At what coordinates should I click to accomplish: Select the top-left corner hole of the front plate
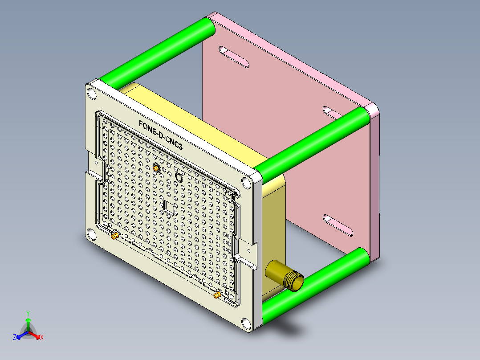(92, 94)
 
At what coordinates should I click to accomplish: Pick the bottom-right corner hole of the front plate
(246, 322)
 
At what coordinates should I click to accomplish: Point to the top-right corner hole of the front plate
(246, 182)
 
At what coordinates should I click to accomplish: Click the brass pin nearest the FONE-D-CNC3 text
(156, 168)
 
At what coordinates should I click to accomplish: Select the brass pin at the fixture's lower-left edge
(115, 235)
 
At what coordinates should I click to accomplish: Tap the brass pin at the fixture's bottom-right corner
(217, 295)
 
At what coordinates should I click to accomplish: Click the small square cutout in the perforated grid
(170, 207)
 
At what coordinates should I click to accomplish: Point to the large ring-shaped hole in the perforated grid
(179, 177)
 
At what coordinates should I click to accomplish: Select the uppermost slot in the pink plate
(234, 57)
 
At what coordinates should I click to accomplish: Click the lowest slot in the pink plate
(338, 225)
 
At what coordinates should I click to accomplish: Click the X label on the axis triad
(42, 337)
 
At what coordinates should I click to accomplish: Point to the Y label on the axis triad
(28, 313)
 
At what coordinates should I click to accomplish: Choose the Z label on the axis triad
(15, 337)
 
